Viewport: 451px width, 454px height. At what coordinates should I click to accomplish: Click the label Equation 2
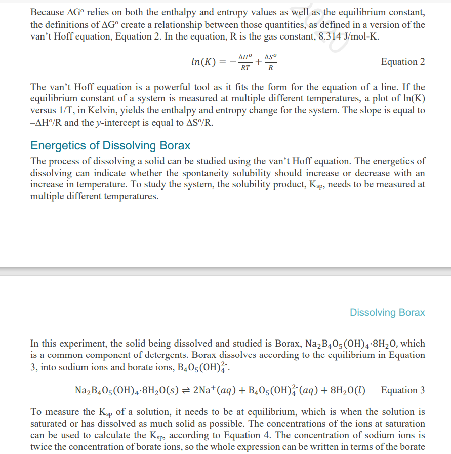point(402,62)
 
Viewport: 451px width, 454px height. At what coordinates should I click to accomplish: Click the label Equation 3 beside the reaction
point(402,390)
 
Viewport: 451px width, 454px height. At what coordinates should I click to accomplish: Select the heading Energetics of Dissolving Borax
point(110,146)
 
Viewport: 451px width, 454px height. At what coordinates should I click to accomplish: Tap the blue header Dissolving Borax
point(387,312)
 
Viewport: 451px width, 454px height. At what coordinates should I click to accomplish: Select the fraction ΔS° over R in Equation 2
point(271,62)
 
